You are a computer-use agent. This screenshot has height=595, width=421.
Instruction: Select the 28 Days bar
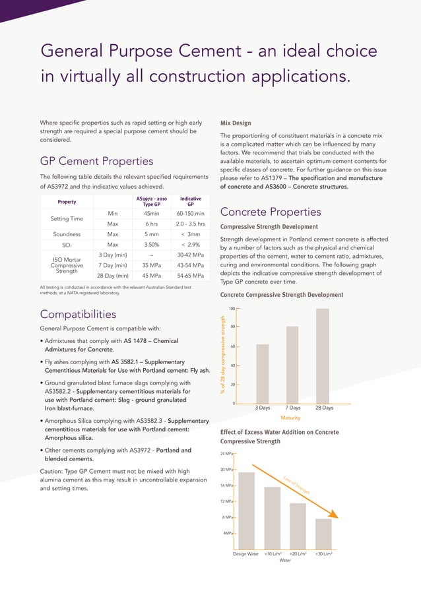[323, 356]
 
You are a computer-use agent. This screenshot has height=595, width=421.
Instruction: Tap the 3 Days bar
[262, 373]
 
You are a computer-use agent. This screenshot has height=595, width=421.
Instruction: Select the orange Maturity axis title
[291, 418]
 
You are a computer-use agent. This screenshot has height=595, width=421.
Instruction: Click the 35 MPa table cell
[152, 266]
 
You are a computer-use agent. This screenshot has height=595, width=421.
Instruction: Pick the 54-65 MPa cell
[191, 276]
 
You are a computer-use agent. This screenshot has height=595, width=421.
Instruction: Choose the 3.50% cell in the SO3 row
[152, 245]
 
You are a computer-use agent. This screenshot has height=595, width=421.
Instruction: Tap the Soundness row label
[67, 234]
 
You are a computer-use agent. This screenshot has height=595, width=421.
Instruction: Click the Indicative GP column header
[191, 201]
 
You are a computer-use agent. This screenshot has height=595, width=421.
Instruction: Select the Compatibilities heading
[79, 314]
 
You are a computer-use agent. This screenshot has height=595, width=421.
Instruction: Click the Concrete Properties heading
[271, 212]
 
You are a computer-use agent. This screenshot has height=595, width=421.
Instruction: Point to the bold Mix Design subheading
[235, 123]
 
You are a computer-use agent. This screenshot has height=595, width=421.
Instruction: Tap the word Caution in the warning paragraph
[53, 471]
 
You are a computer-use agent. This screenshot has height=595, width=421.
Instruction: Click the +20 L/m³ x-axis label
[300, 554]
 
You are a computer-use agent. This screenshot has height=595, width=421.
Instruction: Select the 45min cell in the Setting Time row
[152, 213]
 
